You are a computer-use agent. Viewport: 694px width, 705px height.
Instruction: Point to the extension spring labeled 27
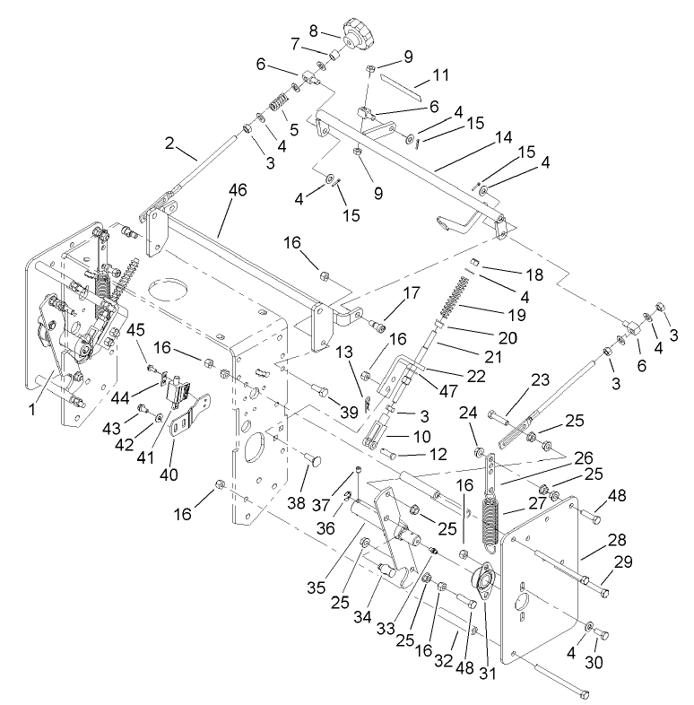tap(490, 520)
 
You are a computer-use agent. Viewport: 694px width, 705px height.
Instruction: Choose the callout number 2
tap(169, 143)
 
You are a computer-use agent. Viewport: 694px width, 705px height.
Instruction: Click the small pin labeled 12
tap(391, 453)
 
